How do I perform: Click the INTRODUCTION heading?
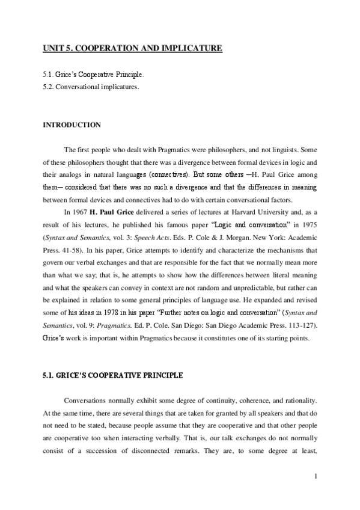coord(71,125)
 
